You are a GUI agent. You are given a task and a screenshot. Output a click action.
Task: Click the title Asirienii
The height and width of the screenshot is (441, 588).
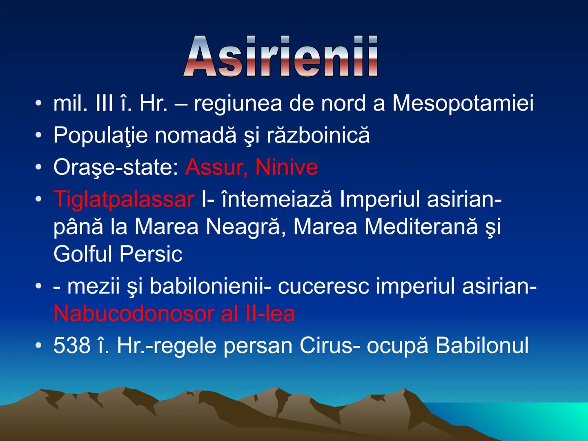point(281,57)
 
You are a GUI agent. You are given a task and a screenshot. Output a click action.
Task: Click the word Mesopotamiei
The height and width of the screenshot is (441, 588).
point(463,103)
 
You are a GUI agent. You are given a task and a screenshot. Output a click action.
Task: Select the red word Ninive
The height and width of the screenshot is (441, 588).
point(286,167)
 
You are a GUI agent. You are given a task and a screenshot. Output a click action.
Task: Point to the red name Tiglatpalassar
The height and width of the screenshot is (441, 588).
point(124,199)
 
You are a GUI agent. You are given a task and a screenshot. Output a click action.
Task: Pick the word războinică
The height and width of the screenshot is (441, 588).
point(318,135)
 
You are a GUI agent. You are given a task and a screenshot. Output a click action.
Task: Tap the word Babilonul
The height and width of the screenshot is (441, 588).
point(482,345)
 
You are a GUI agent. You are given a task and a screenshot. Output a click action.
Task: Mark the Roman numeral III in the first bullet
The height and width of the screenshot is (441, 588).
point(104,103)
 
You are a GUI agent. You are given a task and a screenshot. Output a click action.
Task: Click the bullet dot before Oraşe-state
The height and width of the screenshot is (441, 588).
point(38,167)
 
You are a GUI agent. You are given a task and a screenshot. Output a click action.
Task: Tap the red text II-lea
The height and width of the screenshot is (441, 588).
point(269,314)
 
